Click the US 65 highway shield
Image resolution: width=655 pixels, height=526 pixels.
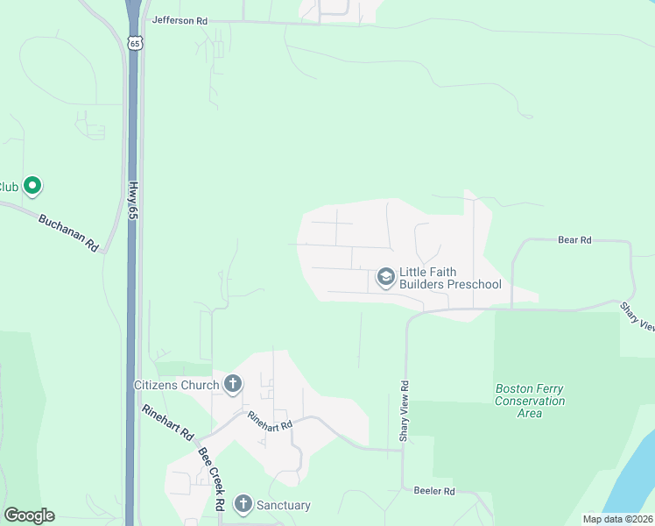pyautogui.click(x=133, y=42)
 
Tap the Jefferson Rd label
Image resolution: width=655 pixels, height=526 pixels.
pyautogui.click(x=180, y=18)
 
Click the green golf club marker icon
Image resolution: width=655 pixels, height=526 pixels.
pyautogui.click(x=32, y=186)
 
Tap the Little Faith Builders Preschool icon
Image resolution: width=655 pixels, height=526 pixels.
pyautogui.click(x=384, y=278)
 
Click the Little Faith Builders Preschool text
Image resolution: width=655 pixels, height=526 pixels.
pyautogui.click(x=450, y=278)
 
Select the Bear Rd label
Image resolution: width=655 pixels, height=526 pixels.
pyautogui.click(x=575, y=239)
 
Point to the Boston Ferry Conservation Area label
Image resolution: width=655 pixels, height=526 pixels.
pyautogui.click(x=531, y=401)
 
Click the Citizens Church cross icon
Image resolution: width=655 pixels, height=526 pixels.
pyautogui.click(x=233, y=384)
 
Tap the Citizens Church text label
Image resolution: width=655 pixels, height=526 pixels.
pyautogui.click(x=176, y=385)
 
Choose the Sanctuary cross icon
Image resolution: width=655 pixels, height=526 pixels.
pyautogui.click(x=243, y=504)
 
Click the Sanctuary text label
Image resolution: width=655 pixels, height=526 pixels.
pyautogui.click(x=283, y=505)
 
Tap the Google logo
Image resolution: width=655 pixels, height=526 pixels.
pyautogui.click(x=29, y=515)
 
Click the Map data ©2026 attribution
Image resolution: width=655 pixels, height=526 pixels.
pyautogui.click(x=617, y=519)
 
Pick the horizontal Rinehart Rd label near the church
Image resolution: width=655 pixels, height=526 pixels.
pyautogui.click(x=269, y=422)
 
